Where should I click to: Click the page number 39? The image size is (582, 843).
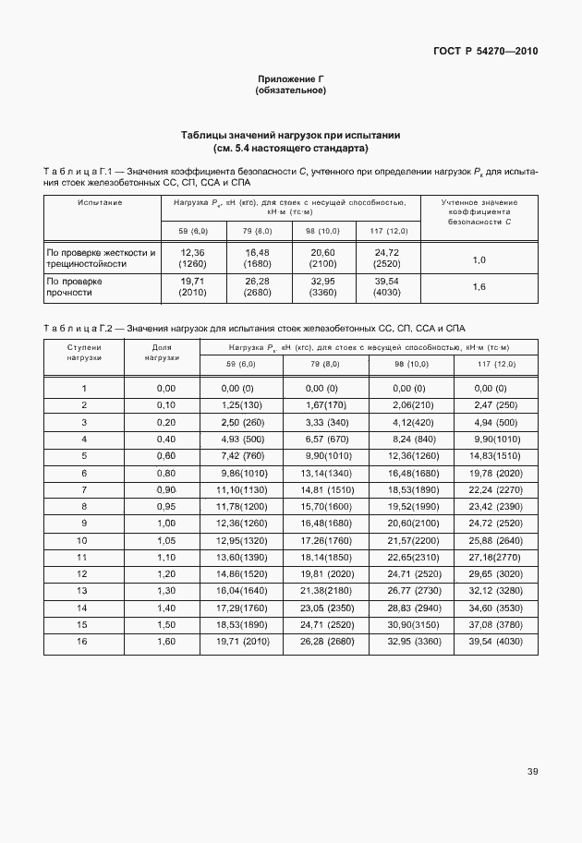coord(532,771)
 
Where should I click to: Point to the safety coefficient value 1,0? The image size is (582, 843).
coord(479,260)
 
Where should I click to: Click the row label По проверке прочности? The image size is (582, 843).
coord(75,286)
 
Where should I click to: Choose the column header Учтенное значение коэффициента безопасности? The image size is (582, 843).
coord(479,211)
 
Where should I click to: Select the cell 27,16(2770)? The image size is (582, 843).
coord(496,558)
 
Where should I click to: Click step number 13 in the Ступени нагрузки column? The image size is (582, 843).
coord(84,590)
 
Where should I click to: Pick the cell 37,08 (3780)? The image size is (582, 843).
coord(496,624)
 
